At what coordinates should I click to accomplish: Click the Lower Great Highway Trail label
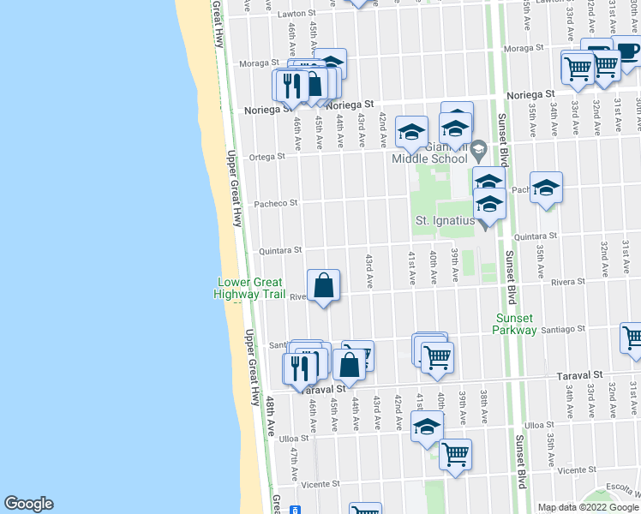point(251,289)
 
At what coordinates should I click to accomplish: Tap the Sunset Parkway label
point(516,324)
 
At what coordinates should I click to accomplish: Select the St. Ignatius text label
point(445,220)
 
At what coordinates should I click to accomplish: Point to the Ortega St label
point(268,157)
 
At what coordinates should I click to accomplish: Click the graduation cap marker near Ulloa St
point(427,426)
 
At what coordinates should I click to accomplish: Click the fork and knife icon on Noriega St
point(289,84)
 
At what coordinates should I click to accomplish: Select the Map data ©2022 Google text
point(587,507)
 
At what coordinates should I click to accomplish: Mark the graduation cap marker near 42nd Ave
point(411,131)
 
